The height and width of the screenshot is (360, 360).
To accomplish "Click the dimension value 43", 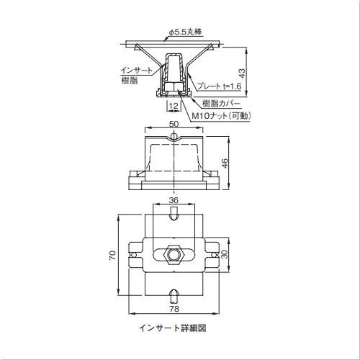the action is (x=243, y=73).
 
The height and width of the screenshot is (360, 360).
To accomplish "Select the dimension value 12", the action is (x=174, y=106).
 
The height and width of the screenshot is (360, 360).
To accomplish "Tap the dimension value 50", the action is (x=174, y=124).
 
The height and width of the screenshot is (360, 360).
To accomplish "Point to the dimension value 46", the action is (x=225, y=163).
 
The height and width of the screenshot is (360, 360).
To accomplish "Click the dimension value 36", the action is (x=174, y=200).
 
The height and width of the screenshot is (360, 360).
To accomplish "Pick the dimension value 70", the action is (x=112, y=255).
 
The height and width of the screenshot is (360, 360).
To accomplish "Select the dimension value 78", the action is (x=174, y=309).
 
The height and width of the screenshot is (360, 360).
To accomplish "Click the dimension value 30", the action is (x=224, y=254).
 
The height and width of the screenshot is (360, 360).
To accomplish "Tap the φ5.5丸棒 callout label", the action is (x=185, y=32).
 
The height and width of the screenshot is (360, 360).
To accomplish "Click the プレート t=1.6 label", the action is (x=219, y=86).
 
